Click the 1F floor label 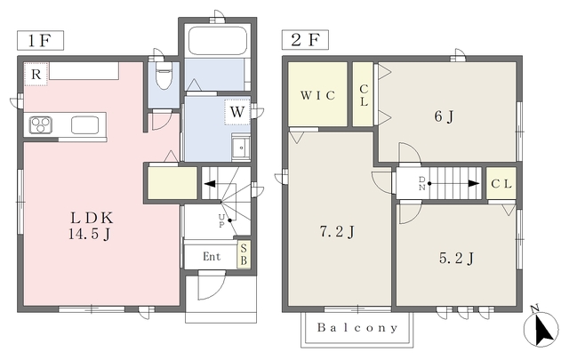coord(40,40)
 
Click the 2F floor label coord(305,40)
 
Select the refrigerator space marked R coord(36,74)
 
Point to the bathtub coord(218,41)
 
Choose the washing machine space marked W coord(237,112)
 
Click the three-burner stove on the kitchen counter coord(41,124)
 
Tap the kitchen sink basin coord(85,125)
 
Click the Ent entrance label coord(212,257)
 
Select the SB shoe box coord(244,254)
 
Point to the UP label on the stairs coord(221,220)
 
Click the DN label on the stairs coord(422,184)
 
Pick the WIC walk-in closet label coord(317,95)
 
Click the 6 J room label coord(444,116)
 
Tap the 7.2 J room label coord(337,231)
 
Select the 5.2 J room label coord(456,259)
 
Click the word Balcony coord(357,328)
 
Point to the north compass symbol coord(541,328)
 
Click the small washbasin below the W coord(241,148)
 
